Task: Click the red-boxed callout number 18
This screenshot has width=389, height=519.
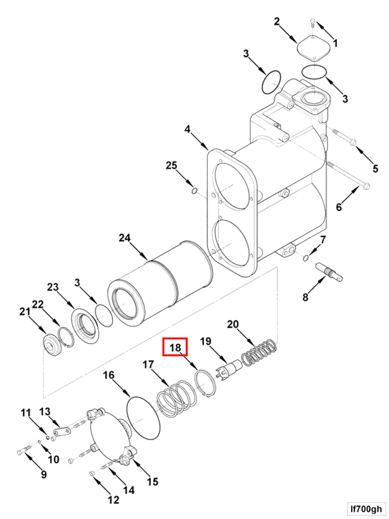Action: [175, 347]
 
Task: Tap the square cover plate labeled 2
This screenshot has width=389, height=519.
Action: [314, 49]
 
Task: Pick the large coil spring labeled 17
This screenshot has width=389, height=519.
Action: [177, 397]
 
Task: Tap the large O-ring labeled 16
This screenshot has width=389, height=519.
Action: [143, 418]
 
